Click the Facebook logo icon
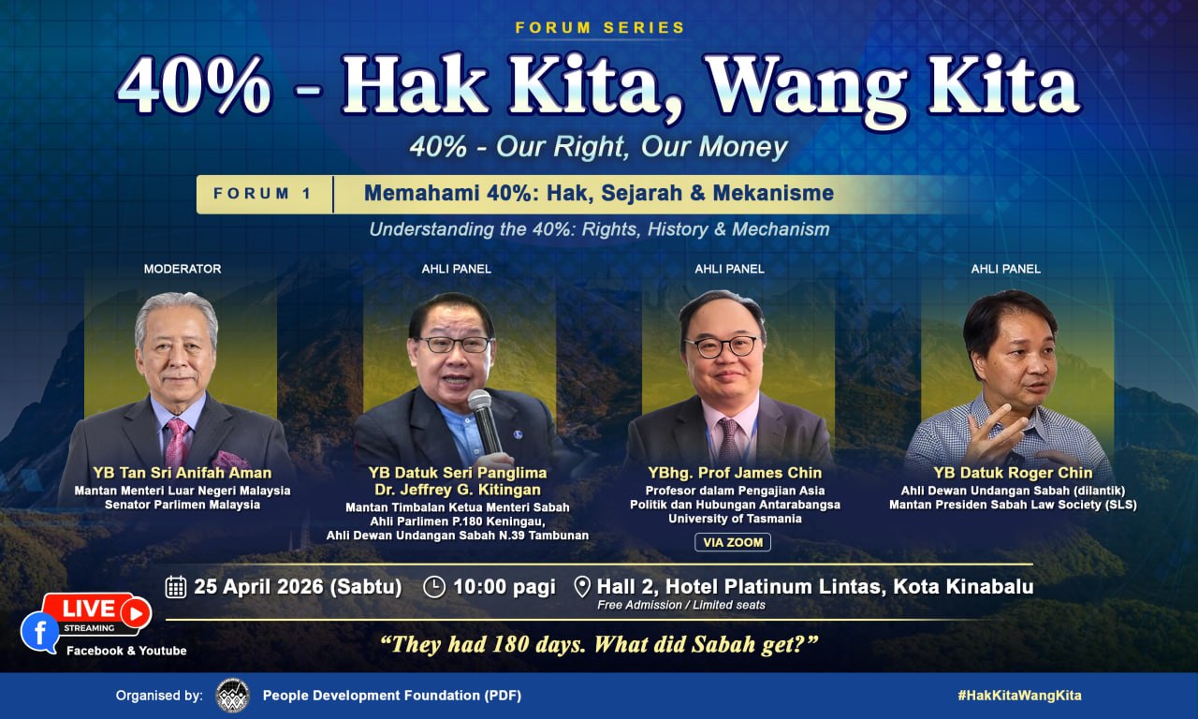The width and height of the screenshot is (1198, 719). (x=40, y=632)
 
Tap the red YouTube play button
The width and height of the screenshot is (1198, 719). (x=136, y=613)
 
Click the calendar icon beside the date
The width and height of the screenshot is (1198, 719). (x=176, y=587)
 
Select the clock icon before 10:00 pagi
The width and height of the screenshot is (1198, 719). (x=434, y=587)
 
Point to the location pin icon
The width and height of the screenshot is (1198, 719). (x=582, y=587)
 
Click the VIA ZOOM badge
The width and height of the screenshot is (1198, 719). (x=733, y=542)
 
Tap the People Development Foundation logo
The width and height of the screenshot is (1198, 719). (x=233, y=696)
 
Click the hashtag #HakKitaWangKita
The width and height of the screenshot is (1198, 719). (x=1020, y=696)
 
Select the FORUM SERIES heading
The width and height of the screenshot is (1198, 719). (x=600, y=28)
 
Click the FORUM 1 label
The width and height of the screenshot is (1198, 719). (x=263, y=194)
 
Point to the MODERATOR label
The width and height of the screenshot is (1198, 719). (x=183, y=269)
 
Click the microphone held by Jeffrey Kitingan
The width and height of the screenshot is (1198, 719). (x=484, y=421)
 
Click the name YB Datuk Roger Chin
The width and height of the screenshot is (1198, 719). (x=1013, y=474)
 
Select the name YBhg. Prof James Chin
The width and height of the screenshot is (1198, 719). (x=735, y=473)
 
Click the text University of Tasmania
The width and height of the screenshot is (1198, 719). (x=735, y=519)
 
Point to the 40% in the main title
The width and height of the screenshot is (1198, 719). (x=194, y=85)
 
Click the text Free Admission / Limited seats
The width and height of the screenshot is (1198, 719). (x=681, y=605)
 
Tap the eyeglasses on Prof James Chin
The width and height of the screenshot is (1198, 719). (x=722, y=347)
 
